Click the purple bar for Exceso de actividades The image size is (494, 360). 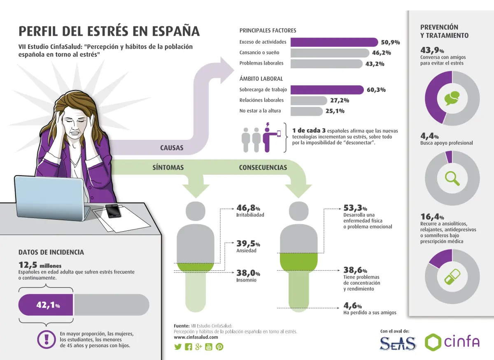click(334, 42)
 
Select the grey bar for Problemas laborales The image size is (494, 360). click(326, 63)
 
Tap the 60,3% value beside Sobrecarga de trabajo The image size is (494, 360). click(376, 90)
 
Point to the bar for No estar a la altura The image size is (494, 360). click(306, 111)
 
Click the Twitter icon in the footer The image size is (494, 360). click(178, 346)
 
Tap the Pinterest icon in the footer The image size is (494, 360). click(219, 346)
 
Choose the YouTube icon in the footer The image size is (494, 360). click(209, 346)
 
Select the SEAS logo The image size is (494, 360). click(397, 343)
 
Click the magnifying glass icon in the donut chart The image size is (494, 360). click(452, 178)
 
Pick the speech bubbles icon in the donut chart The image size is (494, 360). click(452, 98)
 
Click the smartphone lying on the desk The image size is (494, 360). click(113, 210)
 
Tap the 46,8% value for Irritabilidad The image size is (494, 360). click(248, 208)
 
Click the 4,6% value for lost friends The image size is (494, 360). click(352, 306)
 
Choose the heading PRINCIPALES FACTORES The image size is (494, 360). click(268, 30)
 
